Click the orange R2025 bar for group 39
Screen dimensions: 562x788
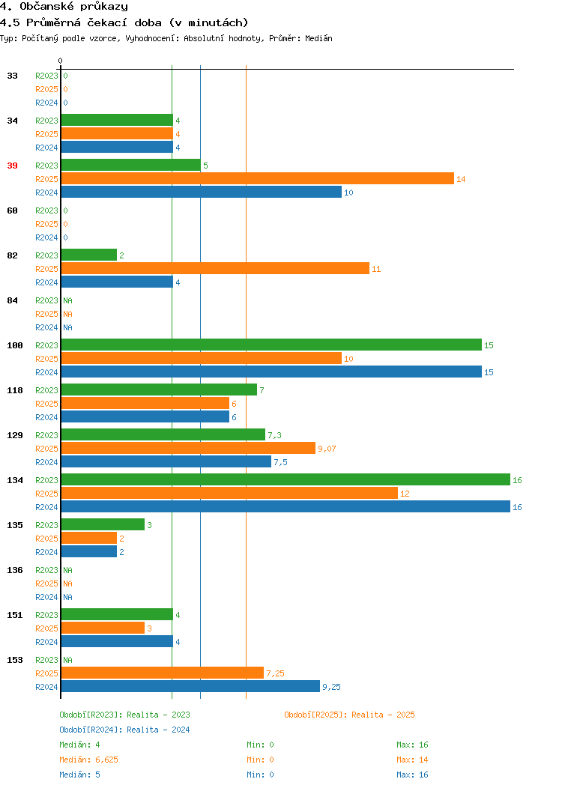point(257,178)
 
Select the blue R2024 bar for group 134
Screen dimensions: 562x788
point(285,506)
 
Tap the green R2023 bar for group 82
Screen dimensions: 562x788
point(89,255)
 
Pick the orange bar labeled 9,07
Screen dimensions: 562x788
point(188,448)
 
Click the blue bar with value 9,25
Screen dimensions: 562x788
point(190,686)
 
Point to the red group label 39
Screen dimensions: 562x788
point(12,166)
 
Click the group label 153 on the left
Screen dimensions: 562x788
point(15,660)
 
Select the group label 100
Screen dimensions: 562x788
point(15,345)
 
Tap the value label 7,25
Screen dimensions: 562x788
point(276,673)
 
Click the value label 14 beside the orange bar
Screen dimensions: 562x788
point(461,179)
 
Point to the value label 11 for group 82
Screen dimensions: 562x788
point(376,269)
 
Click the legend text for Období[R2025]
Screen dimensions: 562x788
point(349,715)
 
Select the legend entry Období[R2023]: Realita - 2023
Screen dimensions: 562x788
point(124,715)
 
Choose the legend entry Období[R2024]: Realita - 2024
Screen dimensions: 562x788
point(124,730)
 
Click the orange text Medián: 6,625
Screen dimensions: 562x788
point(89,760)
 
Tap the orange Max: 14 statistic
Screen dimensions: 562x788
point(412,760)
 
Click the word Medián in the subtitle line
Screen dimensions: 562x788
point(318,38)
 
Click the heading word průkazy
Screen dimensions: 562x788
point(104,7)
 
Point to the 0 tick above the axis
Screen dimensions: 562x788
point(61,61)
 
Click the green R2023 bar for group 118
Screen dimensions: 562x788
point(159,390)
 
